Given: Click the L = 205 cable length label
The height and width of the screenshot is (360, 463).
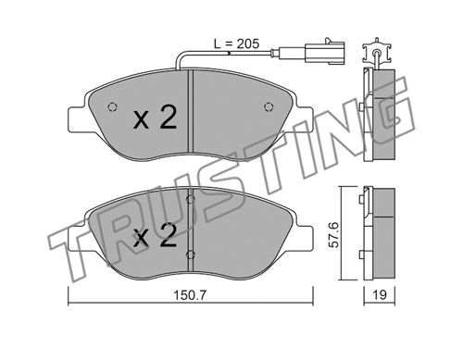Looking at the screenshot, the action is (x=236, y=44).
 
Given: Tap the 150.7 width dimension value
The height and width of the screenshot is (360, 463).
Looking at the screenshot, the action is (x=190, y=295).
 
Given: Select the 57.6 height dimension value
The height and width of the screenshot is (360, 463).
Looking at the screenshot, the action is (x=333, y=235).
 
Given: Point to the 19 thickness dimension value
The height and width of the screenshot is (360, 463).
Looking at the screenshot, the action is (x=380, y=295).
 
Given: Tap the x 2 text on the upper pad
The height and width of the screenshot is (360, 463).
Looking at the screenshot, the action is (x=156, y=118).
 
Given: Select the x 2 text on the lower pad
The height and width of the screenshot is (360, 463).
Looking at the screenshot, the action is (x=156, y=236).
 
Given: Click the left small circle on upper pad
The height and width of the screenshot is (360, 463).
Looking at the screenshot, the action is (x=112, y=106).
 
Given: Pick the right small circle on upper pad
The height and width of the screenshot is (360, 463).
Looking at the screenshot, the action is (x=269, y=106).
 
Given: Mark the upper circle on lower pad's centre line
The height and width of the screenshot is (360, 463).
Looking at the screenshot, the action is (x=191, y=200).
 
